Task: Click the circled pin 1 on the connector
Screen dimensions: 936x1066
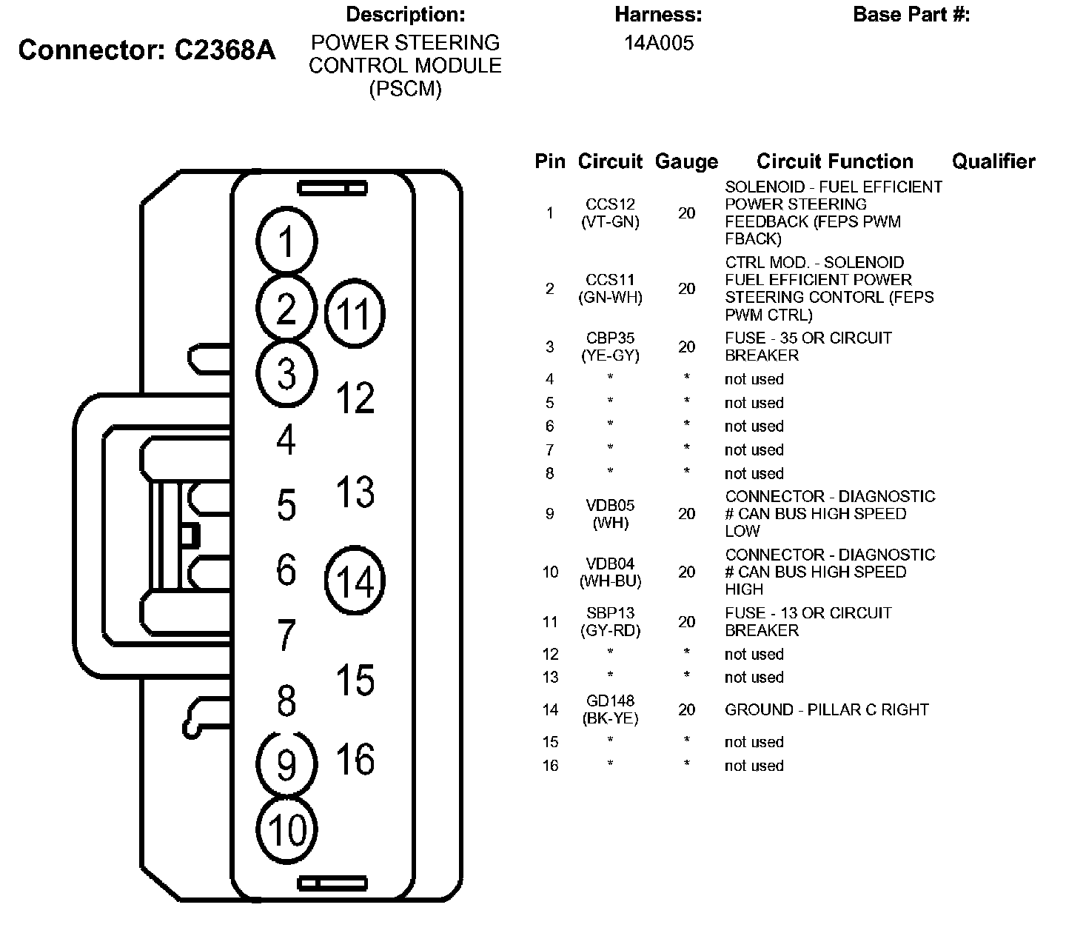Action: pos(286,242)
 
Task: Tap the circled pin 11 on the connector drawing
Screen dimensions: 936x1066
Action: pos(355,314)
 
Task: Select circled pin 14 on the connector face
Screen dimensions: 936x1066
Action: pos(355,581)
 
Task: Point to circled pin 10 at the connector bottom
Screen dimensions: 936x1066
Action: pos(287,829)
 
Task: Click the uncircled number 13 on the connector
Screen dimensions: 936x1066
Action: pos(355,492)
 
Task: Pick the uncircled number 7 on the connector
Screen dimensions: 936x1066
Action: pos(286,635)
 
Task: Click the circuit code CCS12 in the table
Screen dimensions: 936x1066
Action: pos(610,204)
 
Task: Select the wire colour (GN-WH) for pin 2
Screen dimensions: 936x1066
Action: pos(610,298)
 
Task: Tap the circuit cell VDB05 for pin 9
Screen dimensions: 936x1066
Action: pos(610,505)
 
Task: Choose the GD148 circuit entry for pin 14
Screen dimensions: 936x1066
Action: pos(610,701)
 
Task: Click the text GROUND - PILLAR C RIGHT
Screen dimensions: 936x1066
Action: pos(826,709)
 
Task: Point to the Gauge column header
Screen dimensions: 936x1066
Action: pos(686,161)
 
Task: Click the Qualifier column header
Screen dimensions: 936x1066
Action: pos(993,161)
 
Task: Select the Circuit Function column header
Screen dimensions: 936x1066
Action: pos(834,161)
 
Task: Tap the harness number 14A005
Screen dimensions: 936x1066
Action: pos(658,43)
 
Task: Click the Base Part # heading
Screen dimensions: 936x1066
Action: pos(911,15)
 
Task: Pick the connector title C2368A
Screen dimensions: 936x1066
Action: pos(225,50)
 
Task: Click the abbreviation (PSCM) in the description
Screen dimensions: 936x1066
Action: pos(405,90)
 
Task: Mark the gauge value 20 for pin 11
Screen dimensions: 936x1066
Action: pos(686,622)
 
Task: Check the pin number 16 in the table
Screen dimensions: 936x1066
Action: pos(550,766)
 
